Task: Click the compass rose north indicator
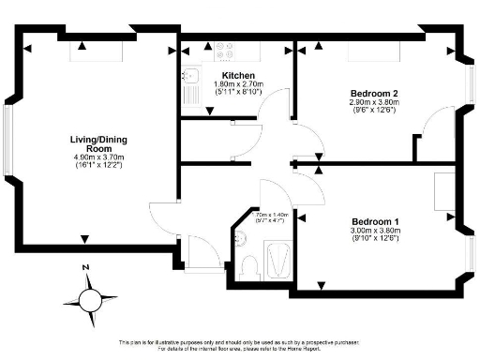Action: (x=90, y=299)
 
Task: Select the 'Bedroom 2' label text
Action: (x=374, y=94)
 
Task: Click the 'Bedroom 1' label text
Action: (x=374, y=221)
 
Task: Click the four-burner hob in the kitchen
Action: (x=224, y=52)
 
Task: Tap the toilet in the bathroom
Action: (x=248, y=265)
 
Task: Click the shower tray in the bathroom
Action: (x=278, y=259)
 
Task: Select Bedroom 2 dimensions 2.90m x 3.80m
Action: (x=374, y=103)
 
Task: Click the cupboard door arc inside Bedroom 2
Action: (x=434, y=127)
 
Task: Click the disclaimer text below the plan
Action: (x=240, y=344)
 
